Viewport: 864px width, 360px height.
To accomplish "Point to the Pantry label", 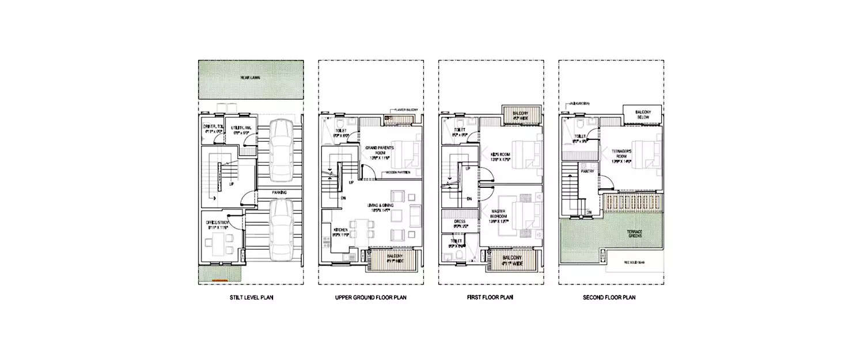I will coord(588,171).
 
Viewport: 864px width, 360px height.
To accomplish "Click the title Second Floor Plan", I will coord(612,298).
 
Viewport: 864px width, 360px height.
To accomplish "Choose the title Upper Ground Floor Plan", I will coord(371,298).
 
